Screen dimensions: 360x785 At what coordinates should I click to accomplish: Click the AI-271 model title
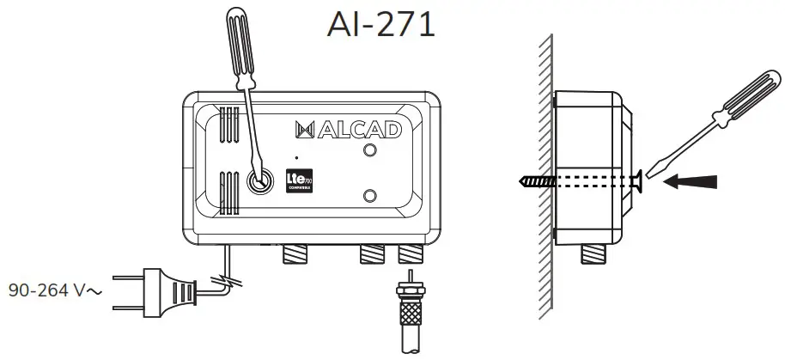click(380, 24)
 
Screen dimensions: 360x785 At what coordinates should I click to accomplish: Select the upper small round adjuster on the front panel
click(370, 150)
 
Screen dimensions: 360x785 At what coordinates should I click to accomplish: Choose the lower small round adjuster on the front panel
click(370, 195)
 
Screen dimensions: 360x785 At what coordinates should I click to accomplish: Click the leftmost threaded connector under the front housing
click(297, 253)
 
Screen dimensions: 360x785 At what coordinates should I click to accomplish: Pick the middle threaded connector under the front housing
click(371, 253)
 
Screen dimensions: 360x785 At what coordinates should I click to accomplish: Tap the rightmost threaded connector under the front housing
click(410, 253)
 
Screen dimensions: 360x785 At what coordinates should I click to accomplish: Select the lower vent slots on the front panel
click(229, 192)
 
